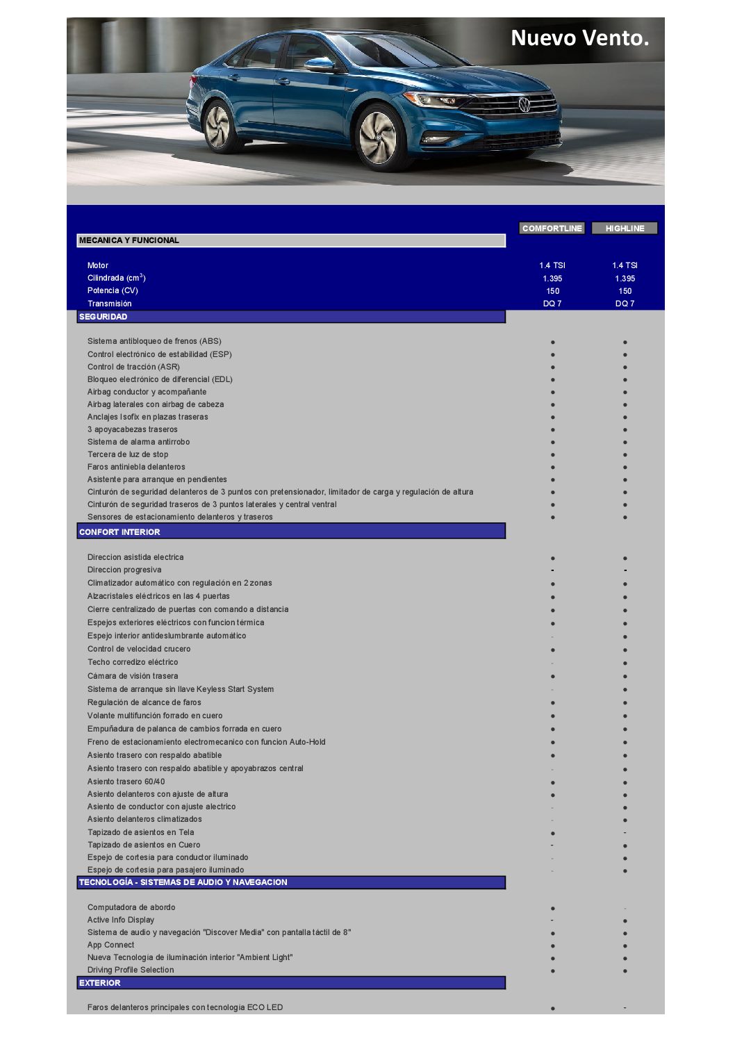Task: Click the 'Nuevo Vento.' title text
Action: pos(579,38)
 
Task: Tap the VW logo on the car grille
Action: pos(525,105)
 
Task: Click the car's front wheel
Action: pos(378,136)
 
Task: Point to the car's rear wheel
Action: pos(218,126)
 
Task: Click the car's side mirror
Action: pos(319,65)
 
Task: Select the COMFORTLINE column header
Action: pos(552,228)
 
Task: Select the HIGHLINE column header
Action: pos(625,228)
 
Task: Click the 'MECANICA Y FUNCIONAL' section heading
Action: pos(129,240)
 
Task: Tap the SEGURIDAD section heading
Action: pos(104,317)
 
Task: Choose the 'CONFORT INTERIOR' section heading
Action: pos(119,532)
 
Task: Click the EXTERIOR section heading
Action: pos(100,983)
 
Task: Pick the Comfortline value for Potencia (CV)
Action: pos(552,291)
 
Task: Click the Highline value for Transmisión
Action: pos(625,304)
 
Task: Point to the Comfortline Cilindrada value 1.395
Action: pos(552,279)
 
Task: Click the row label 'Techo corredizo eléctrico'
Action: pos(133,662)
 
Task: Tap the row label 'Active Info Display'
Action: pos(121,920)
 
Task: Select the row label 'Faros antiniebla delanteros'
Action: pos(136,467)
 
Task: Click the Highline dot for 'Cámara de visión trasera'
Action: pos(625,676)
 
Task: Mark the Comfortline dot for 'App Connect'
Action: pos(552,946)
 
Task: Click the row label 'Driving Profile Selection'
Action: pos(131,970)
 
